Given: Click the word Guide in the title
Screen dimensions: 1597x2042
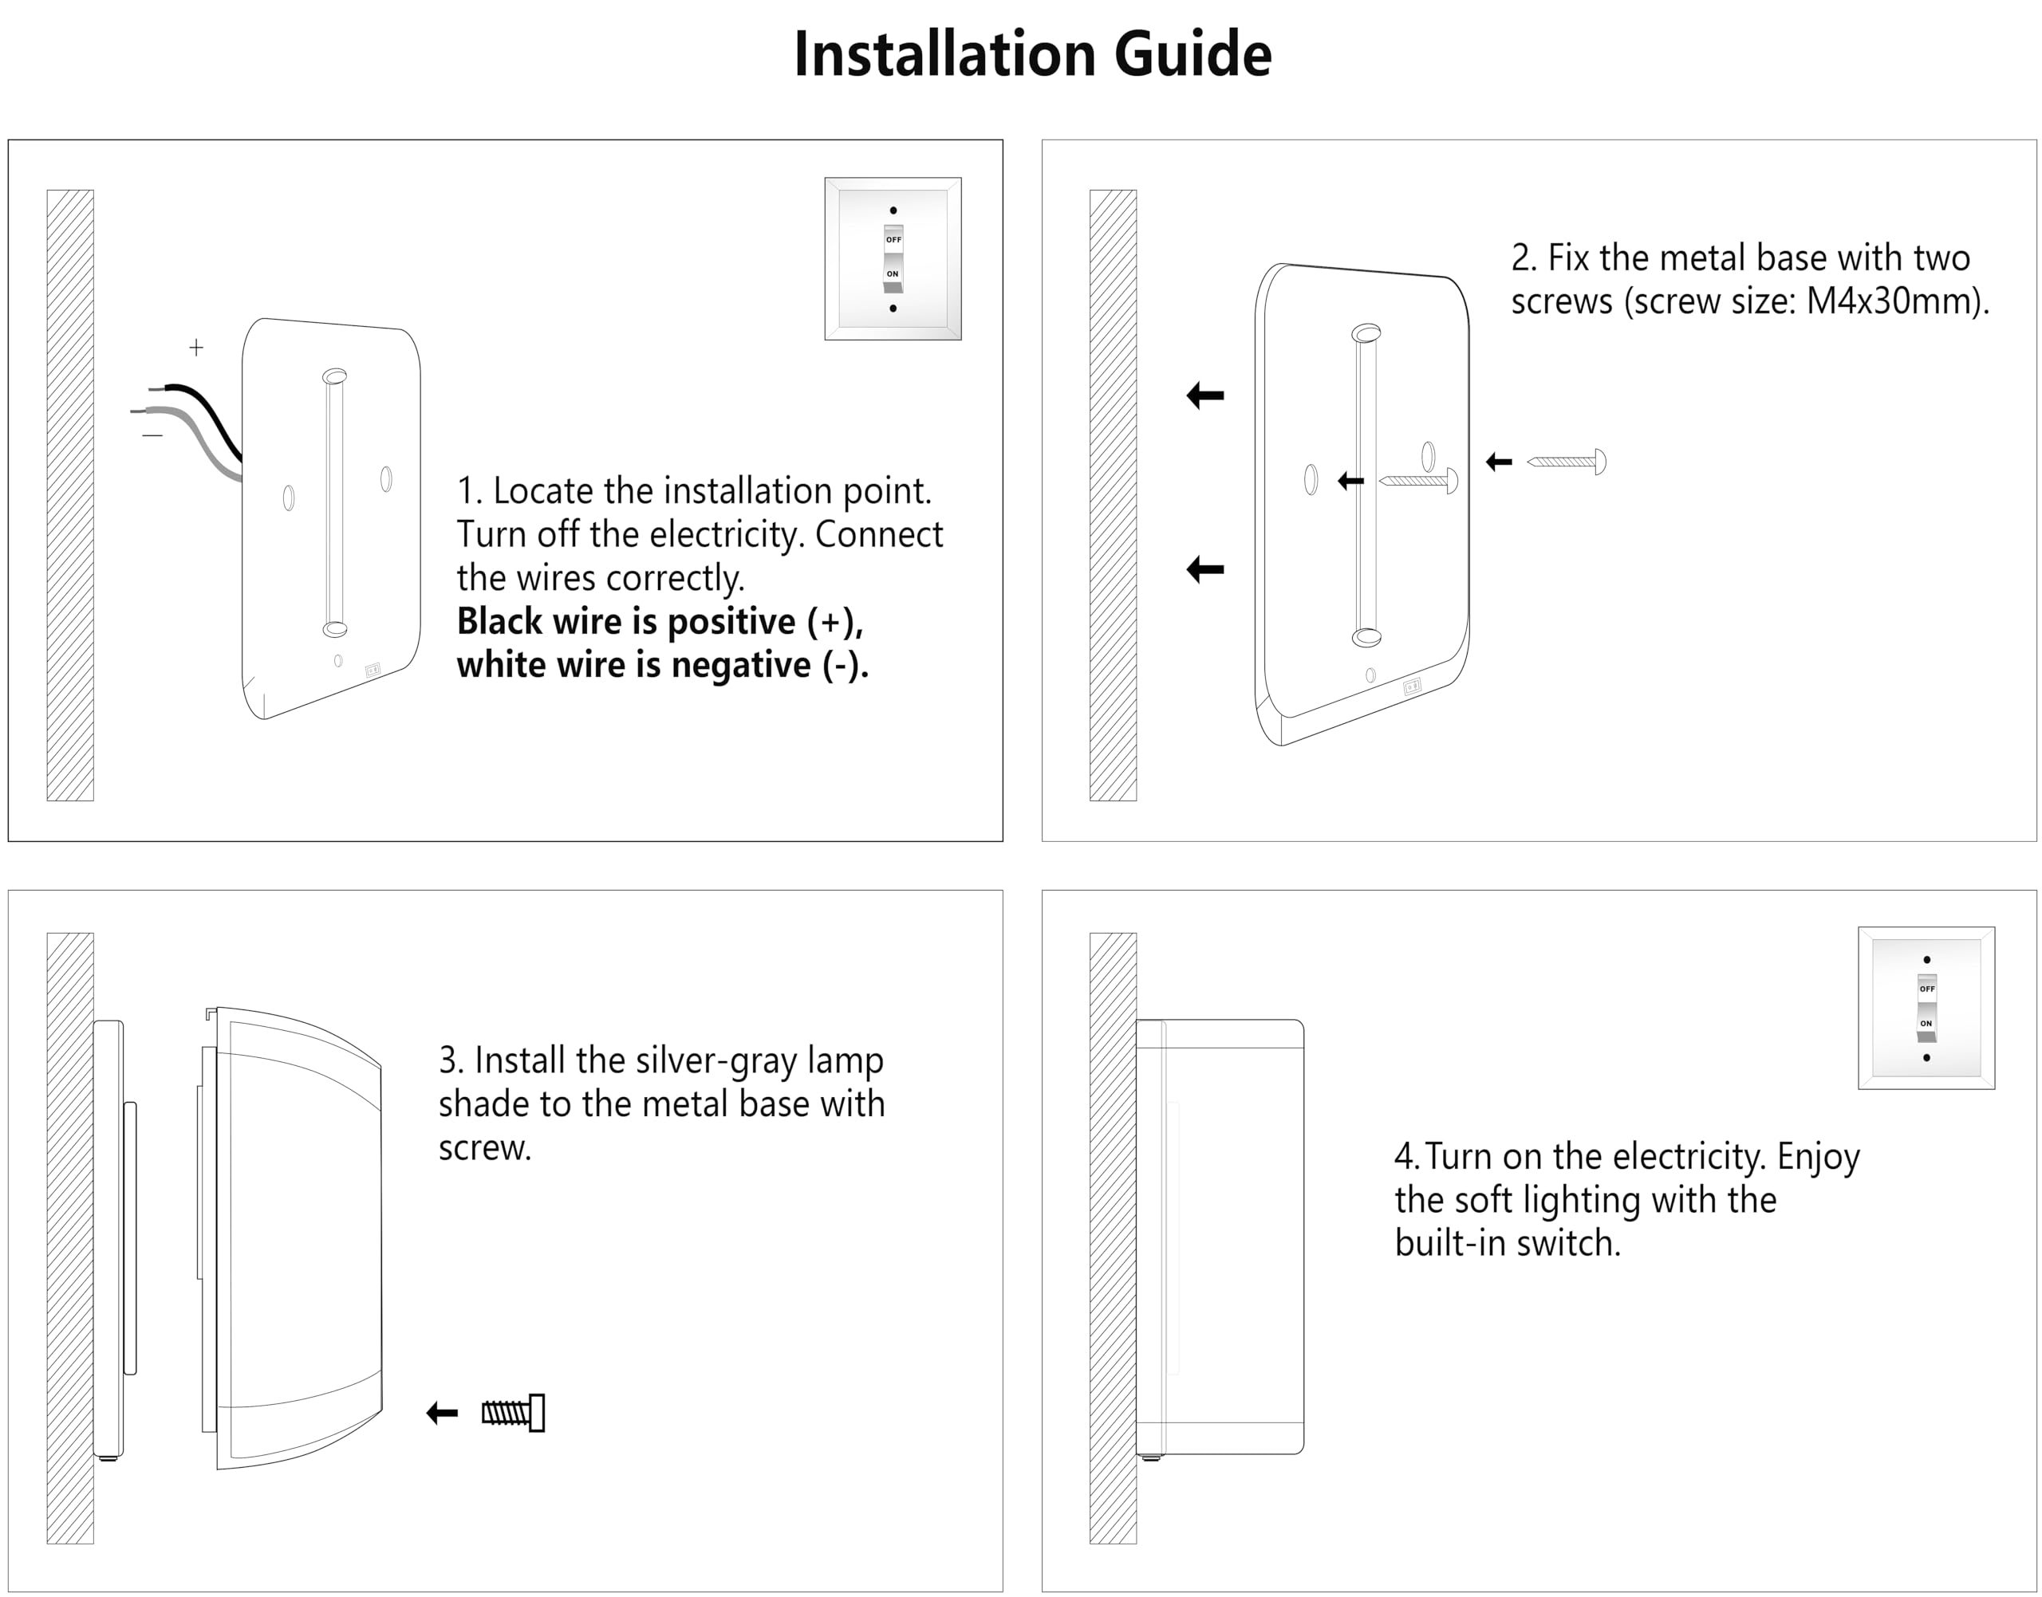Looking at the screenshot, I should tap(1192, 54).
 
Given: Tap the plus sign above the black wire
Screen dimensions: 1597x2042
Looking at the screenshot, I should tap(196, 348).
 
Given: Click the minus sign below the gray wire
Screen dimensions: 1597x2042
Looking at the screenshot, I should tap(152, 435).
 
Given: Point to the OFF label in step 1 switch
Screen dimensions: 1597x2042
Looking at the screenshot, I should tap(893, 240).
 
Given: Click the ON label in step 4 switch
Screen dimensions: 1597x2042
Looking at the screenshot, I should tap(1926, 1023).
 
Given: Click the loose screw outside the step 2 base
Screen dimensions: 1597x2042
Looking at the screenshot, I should tap(1567, 462).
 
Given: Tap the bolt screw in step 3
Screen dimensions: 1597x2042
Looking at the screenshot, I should tap(514, 1413).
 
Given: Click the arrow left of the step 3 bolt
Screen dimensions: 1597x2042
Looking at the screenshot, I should tap(443, 1413).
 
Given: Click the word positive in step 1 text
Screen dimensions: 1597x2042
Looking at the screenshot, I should tap(731, 622).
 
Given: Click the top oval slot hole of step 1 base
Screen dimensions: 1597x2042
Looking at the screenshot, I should tap(335, 377).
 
